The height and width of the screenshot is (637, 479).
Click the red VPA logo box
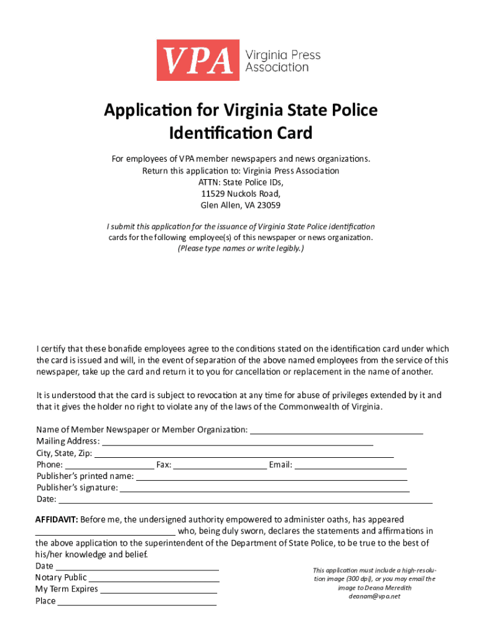point(197,60)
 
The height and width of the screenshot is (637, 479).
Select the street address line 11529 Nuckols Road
point(240,193)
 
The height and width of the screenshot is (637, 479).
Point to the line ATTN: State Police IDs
point(240,182)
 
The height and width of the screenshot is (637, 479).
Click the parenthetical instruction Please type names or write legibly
point(240,249)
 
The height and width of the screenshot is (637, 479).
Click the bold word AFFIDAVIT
point(56,519)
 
